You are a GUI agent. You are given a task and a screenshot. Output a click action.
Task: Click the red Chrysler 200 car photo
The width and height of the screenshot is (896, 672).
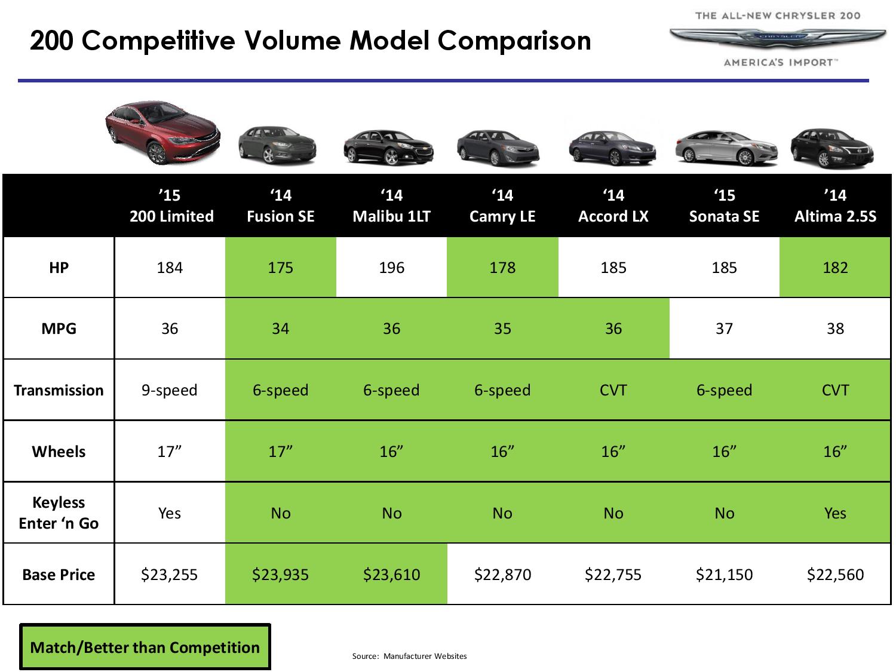click(x=162, y=132)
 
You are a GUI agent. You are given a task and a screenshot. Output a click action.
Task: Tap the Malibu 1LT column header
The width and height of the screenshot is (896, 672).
click(x=391, y=205)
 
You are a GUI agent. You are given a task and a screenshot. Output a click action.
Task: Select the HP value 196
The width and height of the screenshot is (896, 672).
click(x=391, y=268)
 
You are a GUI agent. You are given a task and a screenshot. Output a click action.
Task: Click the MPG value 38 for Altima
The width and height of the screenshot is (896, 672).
click(x=835, y=329)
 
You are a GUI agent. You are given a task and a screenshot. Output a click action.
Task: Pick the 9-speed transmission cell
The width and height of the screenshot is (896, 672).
click(x=170, y=390)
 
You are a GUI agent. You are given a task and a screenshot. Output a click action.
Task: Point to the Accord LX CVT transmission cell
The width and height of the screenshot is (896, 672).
click(x=613, y=390)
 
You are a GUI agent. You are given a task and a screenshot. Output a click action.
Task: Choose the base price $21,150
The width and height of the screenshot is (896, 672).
click(x=724, y=575)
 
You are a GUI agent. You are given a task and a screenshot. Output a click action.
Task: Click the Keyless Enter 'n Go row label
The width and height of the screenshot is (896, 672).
click(x=59, y=513)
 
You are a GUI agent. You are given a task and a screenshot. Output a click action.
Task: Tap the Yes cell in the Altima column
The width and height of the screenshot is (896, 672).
click(x=835, y=513)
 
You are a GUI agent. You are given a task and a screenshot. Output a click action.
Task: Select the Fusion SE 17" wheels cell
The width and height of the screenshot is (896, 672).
click(x=280, y=451)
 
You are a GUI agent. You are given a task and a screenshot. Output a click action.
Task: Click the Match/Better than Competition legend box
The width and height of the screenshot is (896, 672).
click(x=145, y=647)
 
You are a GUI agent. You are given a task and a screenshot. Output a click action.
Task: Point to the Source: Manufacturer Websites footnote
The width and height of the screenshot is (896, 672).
click(x=409, y=656)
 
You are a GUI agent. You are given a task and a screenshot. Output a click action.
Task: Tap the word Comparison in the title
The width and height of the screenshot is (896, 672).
click(x=514, y=41)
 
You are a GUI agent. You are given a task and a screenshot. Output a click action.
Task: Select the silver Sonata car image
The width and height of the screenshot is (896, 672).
click(x=726, y=148)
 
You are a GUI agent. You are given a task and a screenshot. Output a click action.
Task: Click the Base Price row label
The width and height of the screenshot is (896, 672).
click(x=59, y=575)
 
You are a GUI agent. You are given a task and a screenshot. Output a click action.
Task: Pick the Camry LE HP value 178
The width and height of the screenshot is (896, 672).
click(x=502, y=268)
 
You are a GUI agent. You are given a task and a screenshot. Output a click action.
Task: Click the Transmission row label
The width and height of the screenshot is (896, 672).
click(x=59, y=390)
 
